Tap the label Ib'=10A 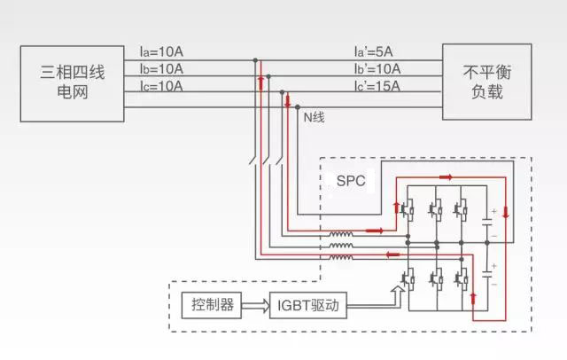377,69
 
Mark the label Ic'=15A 377,86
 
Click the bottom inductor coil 342,258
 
